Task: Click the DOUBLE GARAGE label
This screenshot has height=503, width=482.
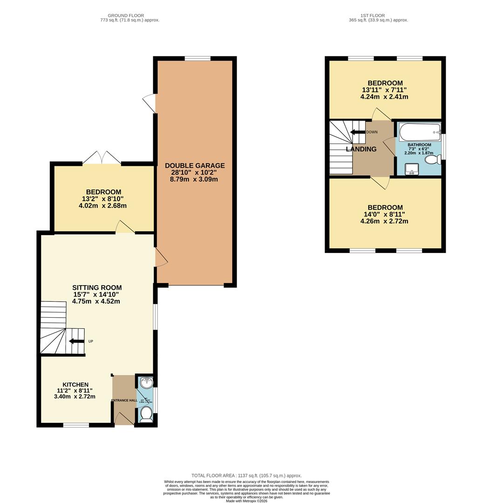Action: tap(194, 165)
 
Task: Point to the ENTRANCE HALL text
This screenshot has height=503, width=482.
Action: tap(124, 401)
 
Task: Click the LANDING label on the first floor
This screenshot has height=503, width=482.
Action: tap(361, 149)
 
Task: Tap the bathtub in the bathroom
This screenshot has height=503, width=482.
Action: tap(418, 132)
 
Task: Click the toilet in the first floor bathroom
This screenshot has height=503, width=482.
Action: tap(432, 160)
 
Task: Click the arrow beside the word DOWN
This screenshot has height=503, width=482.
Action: tap(358, 132)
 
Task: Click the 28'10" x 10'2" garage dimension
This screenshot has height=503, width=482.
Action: tap(194, 172)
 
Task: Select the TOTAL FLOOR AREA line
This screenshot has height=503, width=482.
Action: tap(243, 476)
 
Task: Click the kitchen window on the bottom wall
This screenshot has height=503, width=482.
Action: tap(76, 425)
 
